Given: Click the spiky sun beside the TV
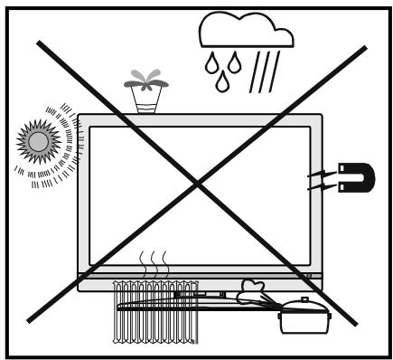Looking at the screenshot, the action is tap(40, 141).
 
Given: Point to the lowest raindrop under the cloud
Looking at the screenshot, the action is tap(221, 83).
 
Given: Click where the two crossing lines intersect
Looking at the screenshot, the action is tap(198, 184).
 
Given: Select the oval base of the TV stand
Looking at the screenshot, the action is tap(199, 305).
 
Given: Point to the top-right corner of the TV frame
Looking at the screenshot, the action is tap(320, 115).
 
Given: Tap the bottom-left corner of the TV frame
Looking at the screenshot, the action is tap(79, 289).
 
